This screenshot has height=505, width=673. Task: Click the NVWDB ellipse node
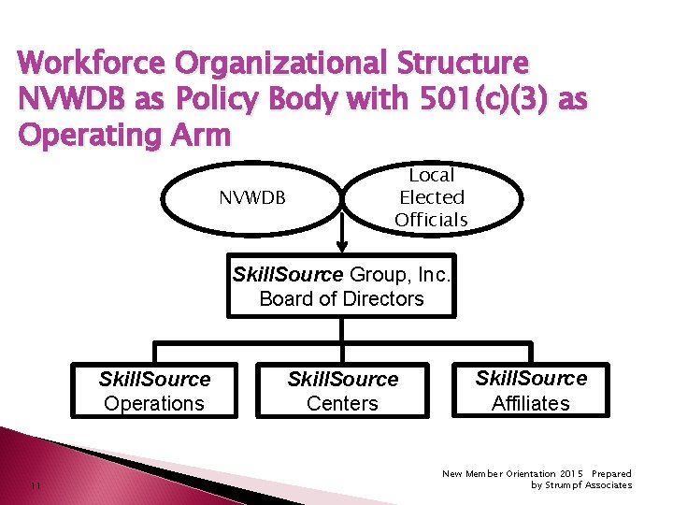click(251, 197)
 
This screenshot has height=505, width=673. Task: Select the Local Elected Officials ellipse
click(431, 197)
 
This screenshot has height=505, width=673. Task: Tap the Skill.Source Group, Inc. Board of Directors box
click(341, 286)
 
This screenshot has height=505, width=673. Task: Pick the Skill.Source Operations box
click(154, 391)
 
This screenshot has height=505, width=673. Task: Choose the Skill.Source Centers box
click(342, 391)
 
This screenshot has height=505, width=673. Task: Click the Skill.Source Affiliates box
click(530, 390)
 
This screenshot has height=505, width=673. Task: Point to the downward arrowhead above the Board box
click(342, 246)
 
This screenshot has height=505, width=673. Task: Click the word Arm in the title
click(200, 135)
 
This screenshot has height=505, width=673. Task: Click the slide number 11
click(34, 485)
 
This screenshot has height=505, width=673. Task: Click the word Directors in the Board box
click(381, 298)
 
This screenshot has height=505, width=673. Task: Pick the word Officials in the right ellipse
click(431, 220)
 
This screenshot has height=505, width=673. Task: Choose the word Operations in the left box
click(154, 403)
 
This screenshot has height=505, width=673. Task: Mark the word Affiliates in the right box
click(530, 403)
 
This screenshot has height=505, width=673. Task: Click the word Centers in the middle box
click(342, 403)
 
